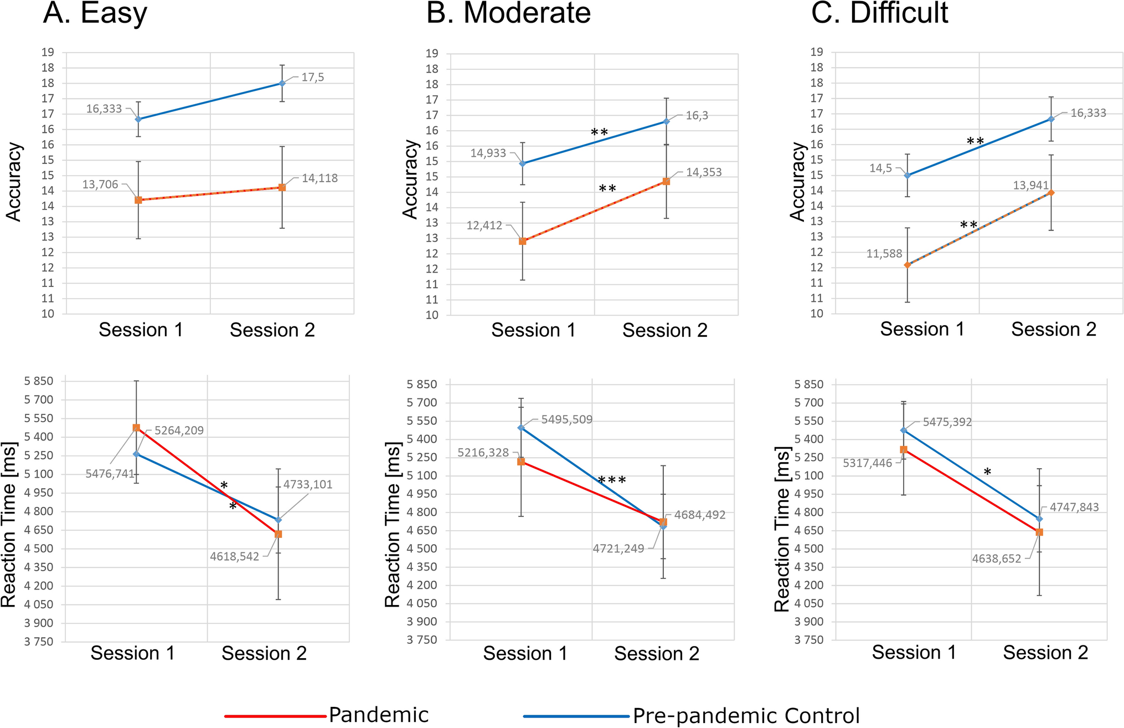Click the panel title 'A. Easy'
(95, 13)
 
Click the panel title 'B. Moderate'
(508, 13)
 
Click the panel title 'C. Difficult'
(879, 13)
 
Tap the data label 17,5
(312, 78)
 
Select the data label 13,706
(100, 184)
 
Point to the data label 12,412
(484, 225)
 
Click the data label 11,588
(884, 254)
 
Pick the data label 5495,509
(566, 419)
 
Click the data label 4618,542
(234, 557)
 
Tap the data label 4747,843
(1074, 507)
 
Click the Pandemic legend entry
(327, 715)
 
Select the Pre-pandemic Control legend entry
(692, 716)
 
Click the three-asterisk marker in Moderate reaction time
(612, 480)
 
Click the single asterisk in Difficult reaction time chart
(987, 473)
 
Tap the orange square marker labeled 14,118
(282, 188)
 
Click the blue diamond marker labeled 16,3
(666, 121)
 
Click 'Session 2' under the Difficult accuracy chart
(1053, 329)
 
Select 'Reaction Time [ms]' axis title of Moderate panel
(393, 525)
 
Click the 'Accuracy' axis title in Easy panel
(14, 182)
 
